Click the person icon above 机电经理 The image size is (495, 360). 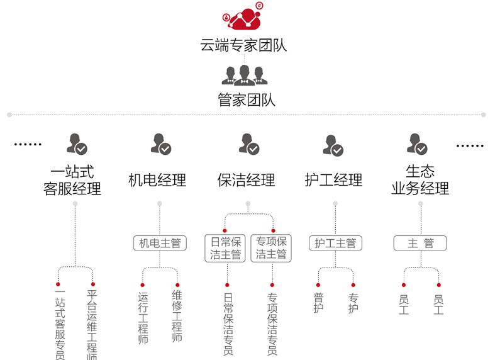coord(161,145)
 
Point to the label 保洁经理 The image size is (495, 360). coord(246,180)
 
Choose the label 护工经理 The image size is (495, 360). coord(333,180)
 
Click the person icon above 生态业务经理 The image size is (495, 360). coord(418,145)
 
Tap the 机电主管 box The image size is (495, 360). coord(160,243)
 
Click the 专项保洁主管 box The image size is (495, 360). coord(272,248)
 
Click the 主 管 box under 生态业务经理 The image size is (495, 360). coord(420,243)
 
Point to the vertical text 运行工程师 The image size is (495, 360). coord(143,318)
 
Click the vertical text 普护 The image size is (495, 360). coord(318,303)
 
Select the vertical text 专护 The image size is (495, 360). coord(353,303)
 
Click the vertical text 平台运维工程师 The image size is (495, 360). coord(92,325)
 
